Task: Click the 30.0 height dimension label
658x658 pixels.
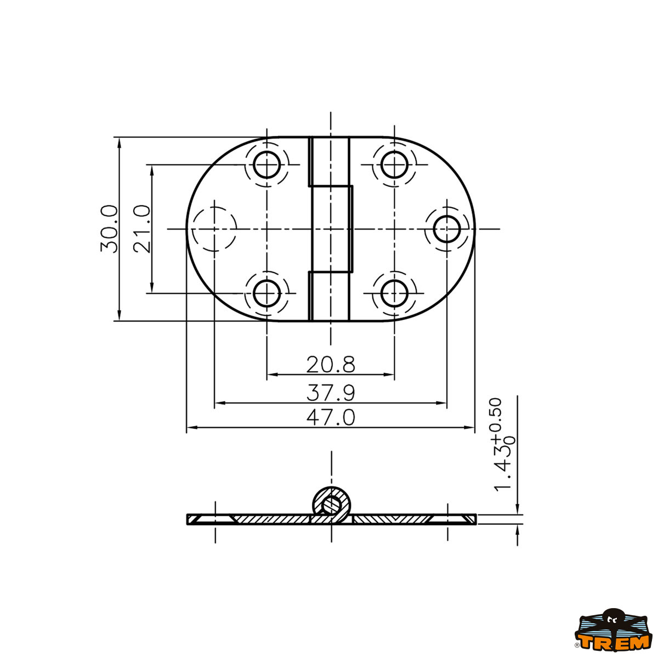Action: point(109,229)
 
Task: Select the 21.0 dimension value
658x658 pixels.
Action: point(142,229)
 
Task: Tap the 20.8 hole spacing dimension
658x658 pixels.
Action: point(331,364)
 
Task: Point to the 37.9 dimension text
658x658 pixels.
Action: point(331,393)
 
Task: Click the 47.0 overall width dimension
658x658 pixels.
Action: point(331,417)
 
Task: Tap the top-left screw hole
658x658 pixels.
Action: point(267,164)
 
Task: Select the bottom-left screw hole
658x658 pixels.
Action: point(267,293)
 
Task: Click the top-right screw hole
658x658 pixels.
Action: point(394,164)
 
